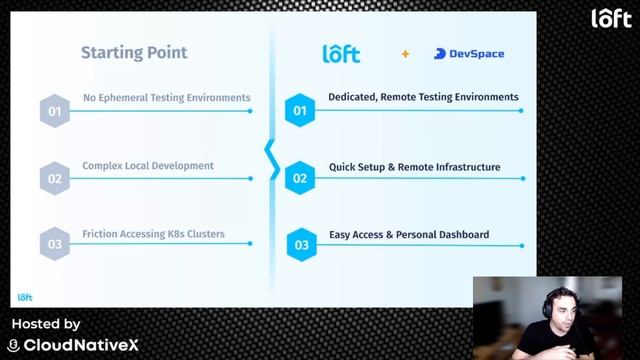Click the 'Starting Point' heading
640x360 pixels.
pyautogui.click(x=134, y=53)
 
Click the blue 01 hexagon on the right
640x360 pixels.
pyautogui.click(x=301, y=110)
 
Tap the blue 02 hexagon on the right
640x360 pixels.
pyautogui.click(x=301, y=178)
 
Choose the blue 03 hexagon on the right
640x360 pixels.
pyautogui.click(x=301, y=244)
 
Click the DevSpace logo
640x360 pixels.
pyautogui.click(x=469, y=54)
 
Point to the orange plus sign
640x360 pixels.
pyautogui.click(x=405, y=54)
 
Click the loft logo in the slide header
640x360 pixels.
pyautogui.click(x=341, y=54)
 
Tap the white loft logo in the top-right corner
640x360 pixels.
pyautogui.click(x=611, y=18)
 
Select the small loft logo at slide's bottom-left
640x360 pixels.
pyautogui.click(x=26, y=297)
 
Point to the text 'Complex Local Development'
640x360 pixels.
pyautogui.click(x=148, y=166)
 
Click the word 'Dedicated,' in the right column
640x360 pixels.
pyautogui.click(x=353, y=97)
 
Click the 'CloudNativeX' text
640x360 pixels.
pyautogui.click(x=81, y=345)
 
